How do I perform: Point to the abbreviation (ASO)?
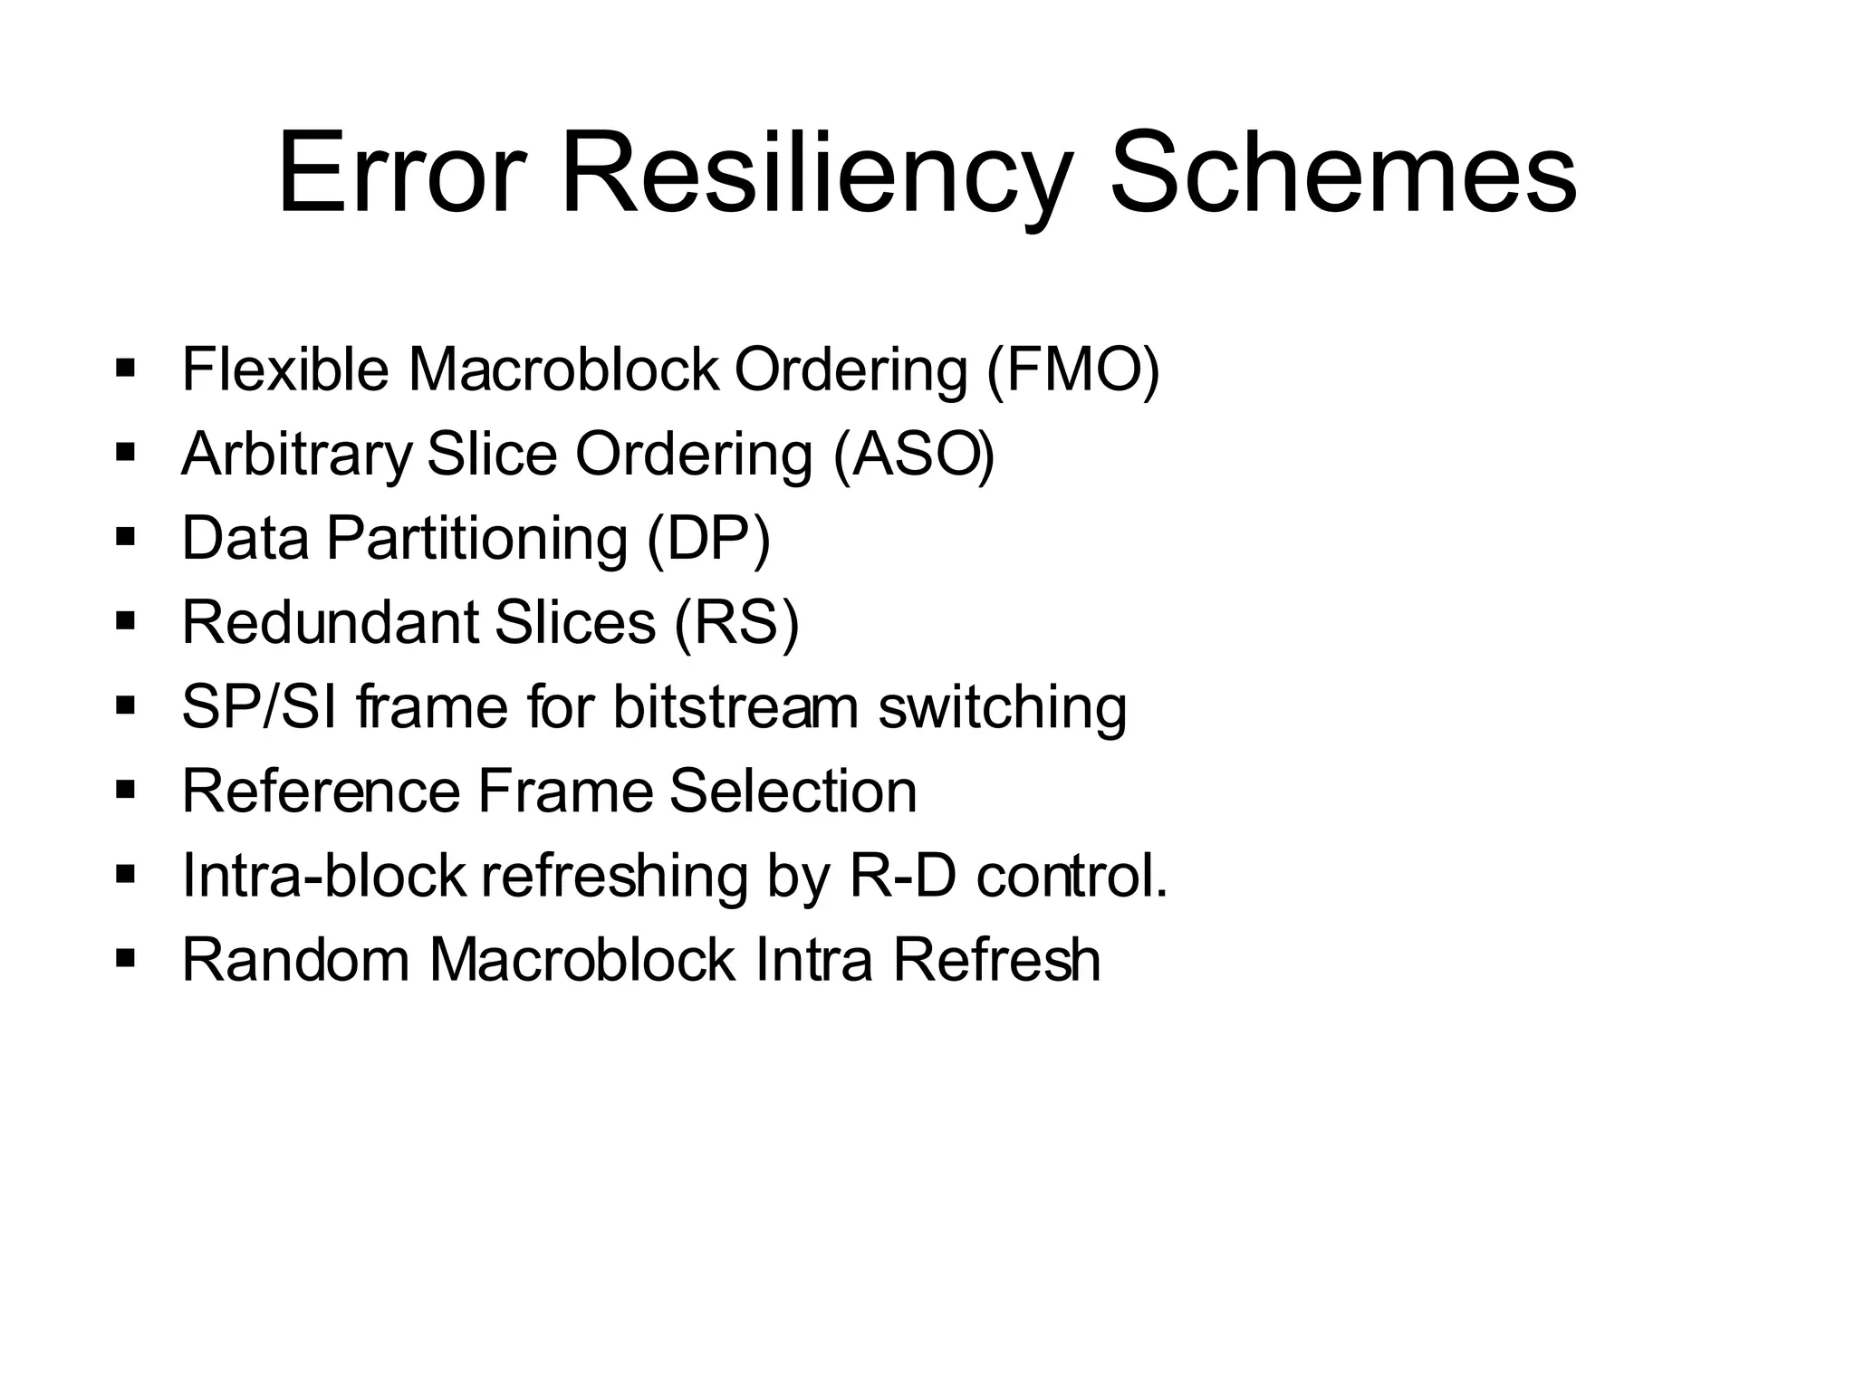914,455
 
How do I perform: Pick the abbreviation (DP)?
708,539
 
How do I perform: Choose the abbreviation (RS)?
736,623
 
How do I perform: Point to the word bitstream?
735,707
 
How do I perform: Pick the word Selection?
793,791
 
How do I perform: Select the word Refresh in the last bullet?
997,960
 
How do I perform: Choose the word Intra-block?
323,876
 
